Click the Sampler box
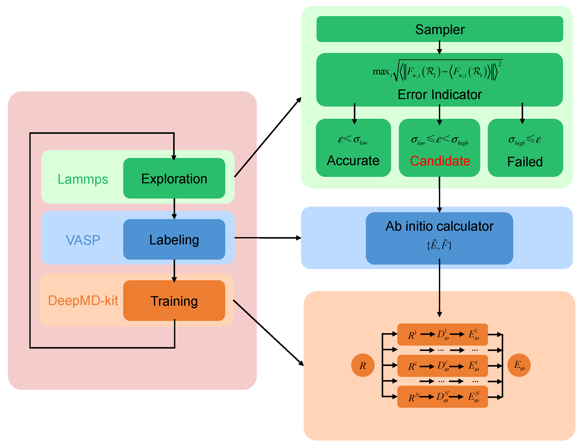[440, 29]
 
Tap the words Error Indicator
[440, 95]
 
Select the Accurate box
[353, 148]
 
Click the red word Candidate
[440, 161]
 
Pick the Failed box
[525, 148]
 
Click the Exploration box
[174, 178]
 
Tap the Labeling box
[174, 239]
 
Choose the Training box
[174, 300]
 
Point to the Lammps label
[83, 179]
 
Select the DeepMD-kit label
[83, 301]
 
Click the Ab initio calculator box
[439, 238]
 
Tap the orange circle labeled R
[363, 365]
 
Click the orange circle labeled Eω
[519, 365]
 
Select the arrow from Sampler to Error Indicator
[440, 47]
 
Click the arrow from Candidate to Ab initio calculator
[440, 194]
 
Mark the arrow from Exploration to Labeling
[174, 209]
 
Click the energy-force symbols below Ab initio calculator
[439, 245]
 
